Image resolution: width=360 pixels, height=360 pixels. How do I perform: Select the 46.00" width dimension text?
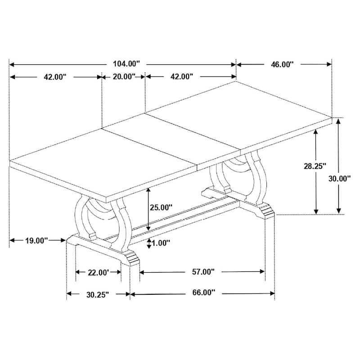tap(282, 64)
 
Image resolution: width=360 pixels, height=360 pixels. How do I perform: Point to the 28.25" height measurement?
tap(315, 166)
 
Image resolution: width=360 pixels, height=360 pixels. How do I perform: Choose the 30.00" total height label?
tap(339, 179)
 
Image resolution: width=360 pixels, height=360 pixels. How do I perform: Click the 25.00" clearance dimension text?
tap(161, 207)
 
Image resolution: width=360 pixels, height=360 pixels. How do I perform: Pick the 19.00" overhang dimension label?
tap(36, 241)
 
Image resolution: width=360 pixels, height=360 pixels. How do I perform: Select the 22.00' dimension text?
tap(98, 272)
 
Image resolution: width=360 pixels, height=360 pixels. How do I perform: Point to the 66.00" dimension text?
tap(203, 293)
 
